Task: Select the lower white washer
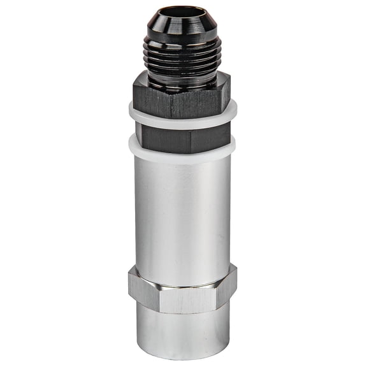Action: tap(182, 148)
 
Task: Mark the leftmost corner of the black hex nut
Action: tap(134, 92)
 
